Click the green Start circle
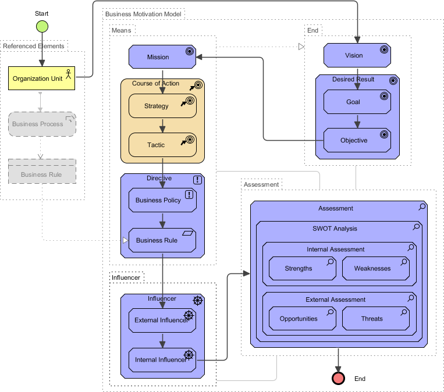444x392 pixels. click(42, 26)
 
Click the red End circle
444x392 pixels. click(338, 379)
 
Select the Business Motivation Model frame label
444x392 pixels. click(144, 13)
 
